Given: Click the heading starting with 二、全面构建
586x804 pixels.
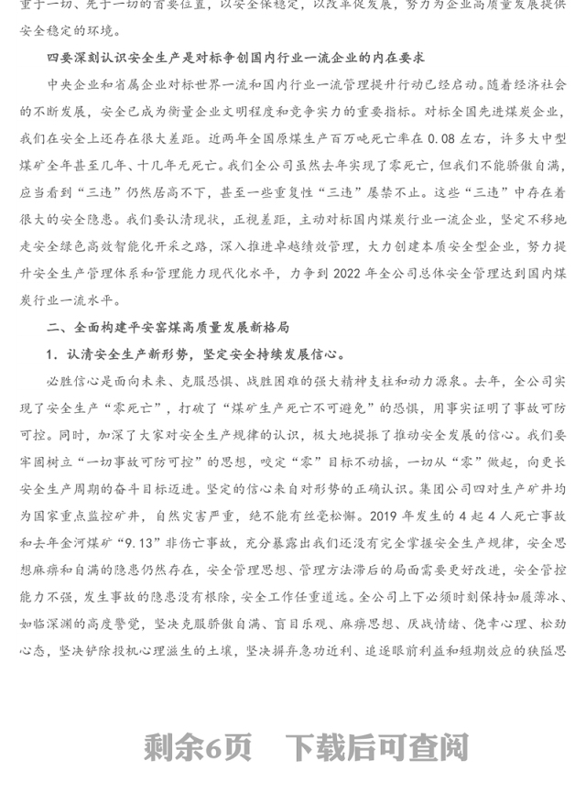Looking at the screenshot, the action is coord(168,327).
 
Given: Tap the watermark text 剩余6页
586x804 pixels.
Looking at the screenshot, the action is coord(197,748).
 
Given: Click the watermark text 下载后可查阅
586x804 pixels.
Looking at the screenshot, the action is coord(376,748).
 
